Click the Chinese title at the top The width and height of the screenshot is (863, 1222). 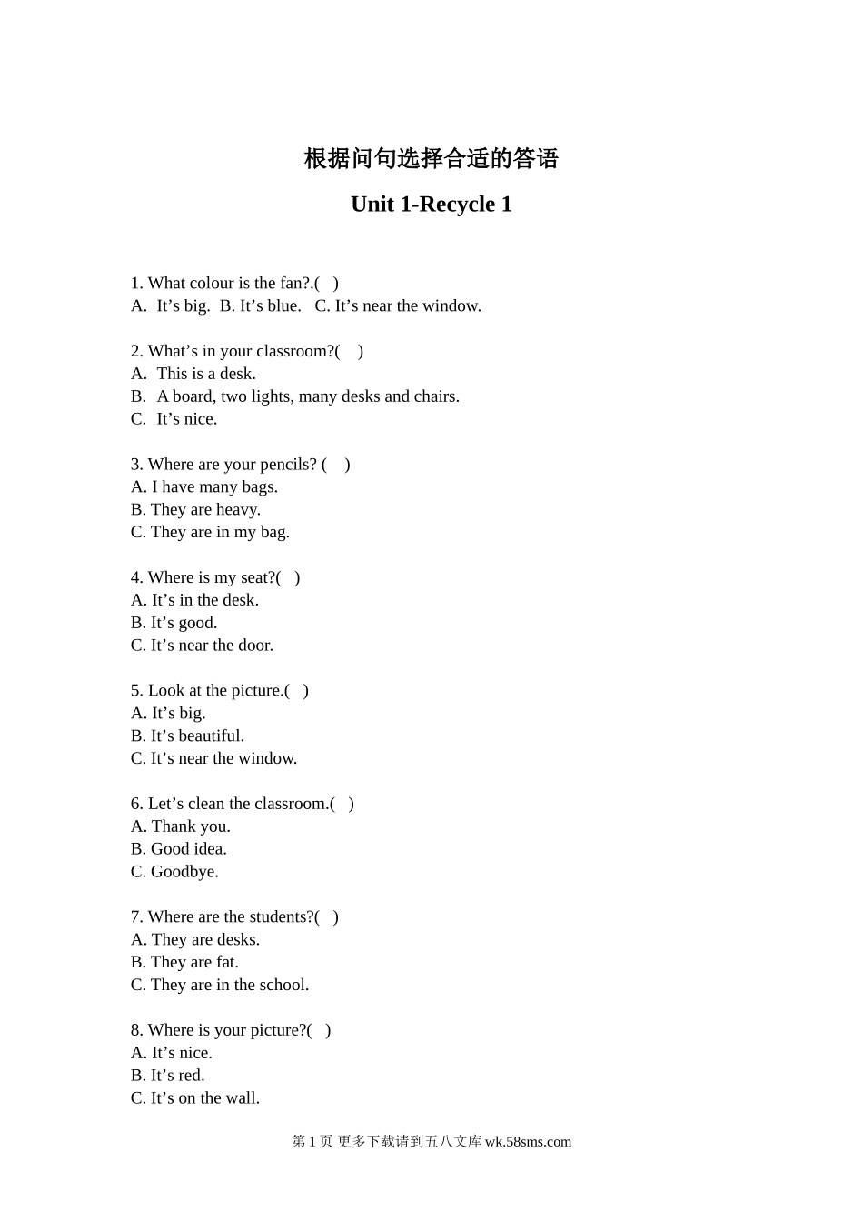[431, 159]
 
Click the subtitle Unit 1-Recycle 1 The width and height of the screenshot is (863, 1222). [431, 205]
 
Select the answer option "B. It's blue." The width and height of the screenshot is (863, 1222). [260, 306]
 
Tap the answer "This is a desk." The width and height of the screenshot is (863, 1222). [205, 374]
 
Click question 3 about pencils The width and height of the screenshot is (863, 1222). [240, 465]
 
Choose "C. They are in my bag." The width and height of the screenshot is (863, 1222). [210, 533]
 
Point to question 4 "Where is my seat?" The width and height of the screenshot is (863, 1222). [214, 577]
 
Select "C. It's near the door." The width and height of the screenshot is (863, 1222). [202, 646]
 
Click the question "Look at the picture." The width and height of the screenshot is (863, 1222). [219, 691]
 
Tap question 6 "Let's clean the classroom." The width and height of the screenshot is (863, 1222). [242, 804]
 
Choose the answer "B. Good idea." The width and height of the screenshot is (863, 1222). [179, 849]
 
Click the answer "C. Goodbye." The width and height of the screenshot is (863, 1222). [174, 872]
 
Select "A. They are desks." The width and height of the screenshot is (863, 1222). [195, 940]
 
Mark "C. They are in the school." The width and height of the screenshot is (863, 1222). [220, 985]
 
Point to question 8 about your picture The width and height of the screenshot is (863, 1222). [230, 1030]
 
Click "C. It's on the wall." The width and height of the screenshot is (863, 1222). [195, 1098]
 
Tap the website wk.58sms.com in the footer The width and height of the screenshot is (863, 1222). [528, 1142]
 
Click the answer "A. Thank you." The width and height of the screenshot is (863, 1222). [181, 826]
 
